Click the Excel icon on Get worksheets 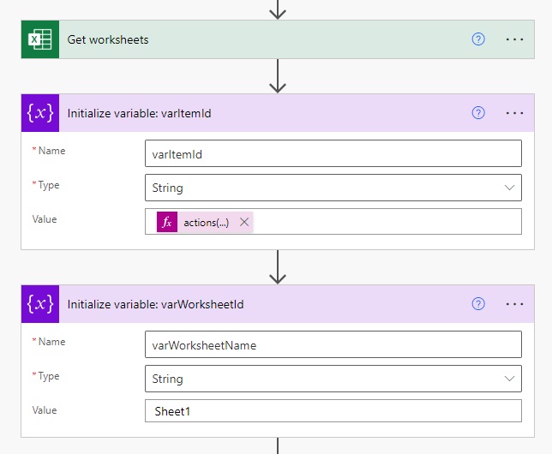(x=39, y=39)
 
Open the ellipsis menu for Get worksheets (x=514, y=39)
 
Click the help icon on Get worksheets (x=478, y=39)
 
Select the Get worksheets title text (x=108, y=39)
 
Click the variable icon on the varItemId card (x=39, y=113)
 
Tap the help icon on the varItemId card (x=478, y=113)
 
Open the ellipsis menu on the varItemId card (x=514, y=113)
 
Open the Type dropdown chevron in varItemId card (x=510, y=188)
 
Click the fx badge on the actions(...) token (x=167, y=222)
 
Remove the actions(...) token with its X (x=244, y=222)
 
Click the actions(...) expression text (x=206, y=222)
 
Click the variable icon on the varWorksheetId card (x=39, y=304)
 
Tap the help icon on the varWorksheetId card (x=478, y=304)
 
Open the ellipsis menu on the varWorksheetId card (x=514, y=304)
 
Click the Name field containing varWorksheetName (x=333, y=344)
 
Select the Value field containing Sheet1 (x=333, y=411)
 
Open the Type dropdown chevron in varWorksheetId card (x=510, y=379)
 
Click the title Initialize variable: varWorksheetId (x=155, y=304)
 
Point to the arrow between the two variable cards (x=277, y=267)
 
